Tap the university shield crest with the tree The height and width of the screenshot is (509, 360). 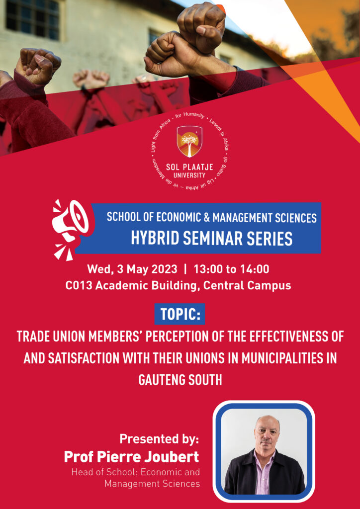coord(189,142)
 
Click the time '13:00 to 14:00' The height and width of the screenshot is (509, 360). coord(231,269)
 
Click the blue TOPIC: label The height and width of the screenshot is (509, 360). coord(180,314)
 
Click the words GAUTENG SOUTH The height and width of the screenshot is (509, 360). coord(180,380)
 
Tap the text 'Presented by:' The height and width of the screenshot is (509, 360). coord(159,439)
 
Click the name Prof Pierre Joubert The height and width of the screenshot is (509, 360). coord(131,457)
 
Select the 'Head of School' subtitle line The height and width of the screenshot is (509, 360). coord(136,472)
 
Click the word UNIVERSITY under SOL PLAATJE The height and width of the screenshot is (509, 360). coord(189,175)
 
